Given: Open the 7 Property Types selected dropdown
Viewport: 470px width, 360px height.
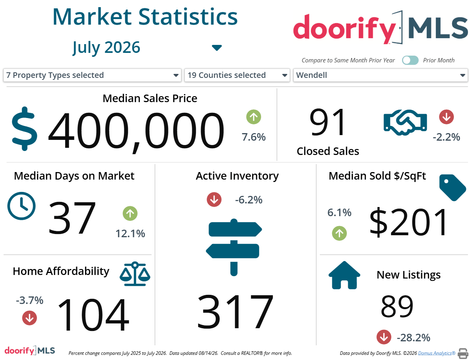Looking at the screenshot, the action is pos(92,75).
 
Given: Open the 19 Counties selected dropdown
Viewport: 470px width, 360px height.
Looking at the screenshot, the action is pos(237,75).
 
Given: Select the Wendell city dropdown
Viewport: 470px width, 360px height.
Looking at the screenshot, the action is pos(380,75).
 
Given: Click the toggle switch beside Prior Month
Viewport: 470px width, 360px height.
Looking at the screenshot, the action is pos(410,60).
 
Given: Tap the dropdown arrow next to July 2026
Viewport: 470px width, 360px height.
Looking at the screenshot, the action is pos(217,48).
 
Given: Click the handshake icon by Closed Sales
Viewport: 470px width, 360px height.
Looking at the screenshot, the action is pos(405,122).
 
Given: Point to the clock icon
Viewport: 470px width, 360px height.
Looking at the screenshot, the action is pos(21,206).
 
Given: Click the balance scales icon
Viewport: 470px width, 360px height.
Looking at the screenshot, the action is pos(135,274).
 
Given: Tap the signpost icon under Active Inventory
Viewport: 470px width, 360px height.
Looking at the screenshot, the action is pos(234,247).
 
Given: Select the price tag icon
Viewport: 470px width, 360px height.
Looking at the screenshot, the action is pos(453,187).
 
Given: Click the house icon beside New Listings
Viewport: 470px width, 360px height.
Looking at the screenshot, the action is pos(344,275).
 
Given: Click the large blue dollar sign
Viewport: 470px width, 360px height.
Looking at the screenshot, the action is pos(25,129).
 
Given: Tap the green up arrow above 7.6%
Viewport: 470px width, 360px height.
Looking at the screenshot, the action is pos(253,117).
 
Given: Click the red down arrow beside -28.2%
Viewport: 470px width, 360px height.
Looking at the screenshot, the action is pos(384,337).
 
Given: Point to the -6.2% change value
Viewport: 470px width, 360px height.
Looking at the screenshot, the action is pos(249,199).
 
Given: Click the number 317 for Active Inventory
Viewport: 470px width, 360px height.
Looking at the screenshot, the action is pos(235,311).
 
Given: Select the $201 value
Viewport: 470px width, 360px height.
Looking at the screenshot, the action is pos(409,222).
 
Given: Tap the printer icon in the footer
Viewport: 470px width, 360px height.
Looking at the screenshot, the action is pos(463,353).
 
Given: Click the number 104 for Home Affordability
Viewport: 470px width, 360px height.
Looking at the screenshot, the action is pos(93,315).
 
